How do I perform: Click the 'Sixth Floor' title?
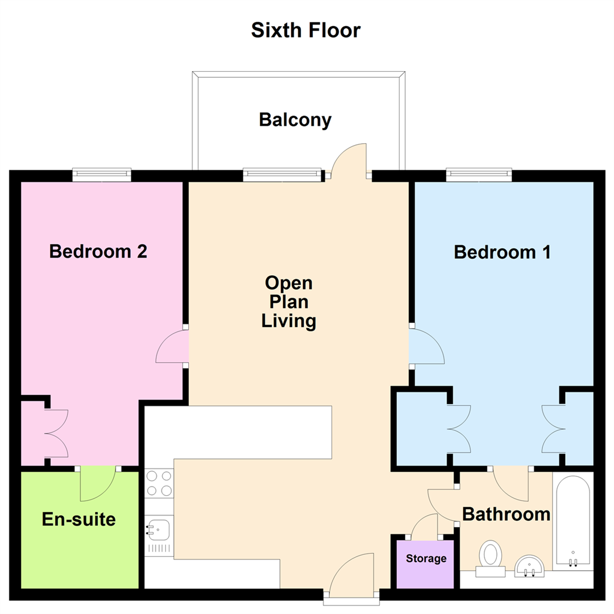pyautogui.click(x=305, y=30)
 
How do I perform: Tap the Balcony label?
pyautogui.click(x=295, y=120)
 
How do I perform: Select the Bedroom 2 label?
pyautogui.click(x=98, y=251)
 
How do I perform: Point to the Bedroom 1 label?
pyautogui.click(x=502, y=252)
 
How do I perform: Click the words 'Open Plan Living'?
pyautogui.click(x=289, y=302)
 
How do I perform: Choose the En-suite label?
pyautogui.click(x=78, y=519)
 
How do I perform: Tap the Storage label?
pyautogui.click(x=426, y=558)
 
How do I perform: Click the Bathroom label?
pyautogui.click(x=507, y=514)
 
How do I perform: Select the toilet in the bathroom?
pyautogui.click(x=490, y=558)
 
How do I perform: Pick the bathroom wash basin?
pyautogui.click(x=529, y=566)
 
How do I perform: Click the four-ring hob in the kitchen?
pyautogui.click(x=159, y=483)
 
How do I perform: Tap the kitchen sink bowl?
pyautogui.click(x=159, y=530)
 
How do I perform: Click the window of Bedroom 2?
pyautogui.click(x=102, y=175)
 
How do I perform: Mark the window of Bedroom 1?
pyautogui.click(x=479, y=175)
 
